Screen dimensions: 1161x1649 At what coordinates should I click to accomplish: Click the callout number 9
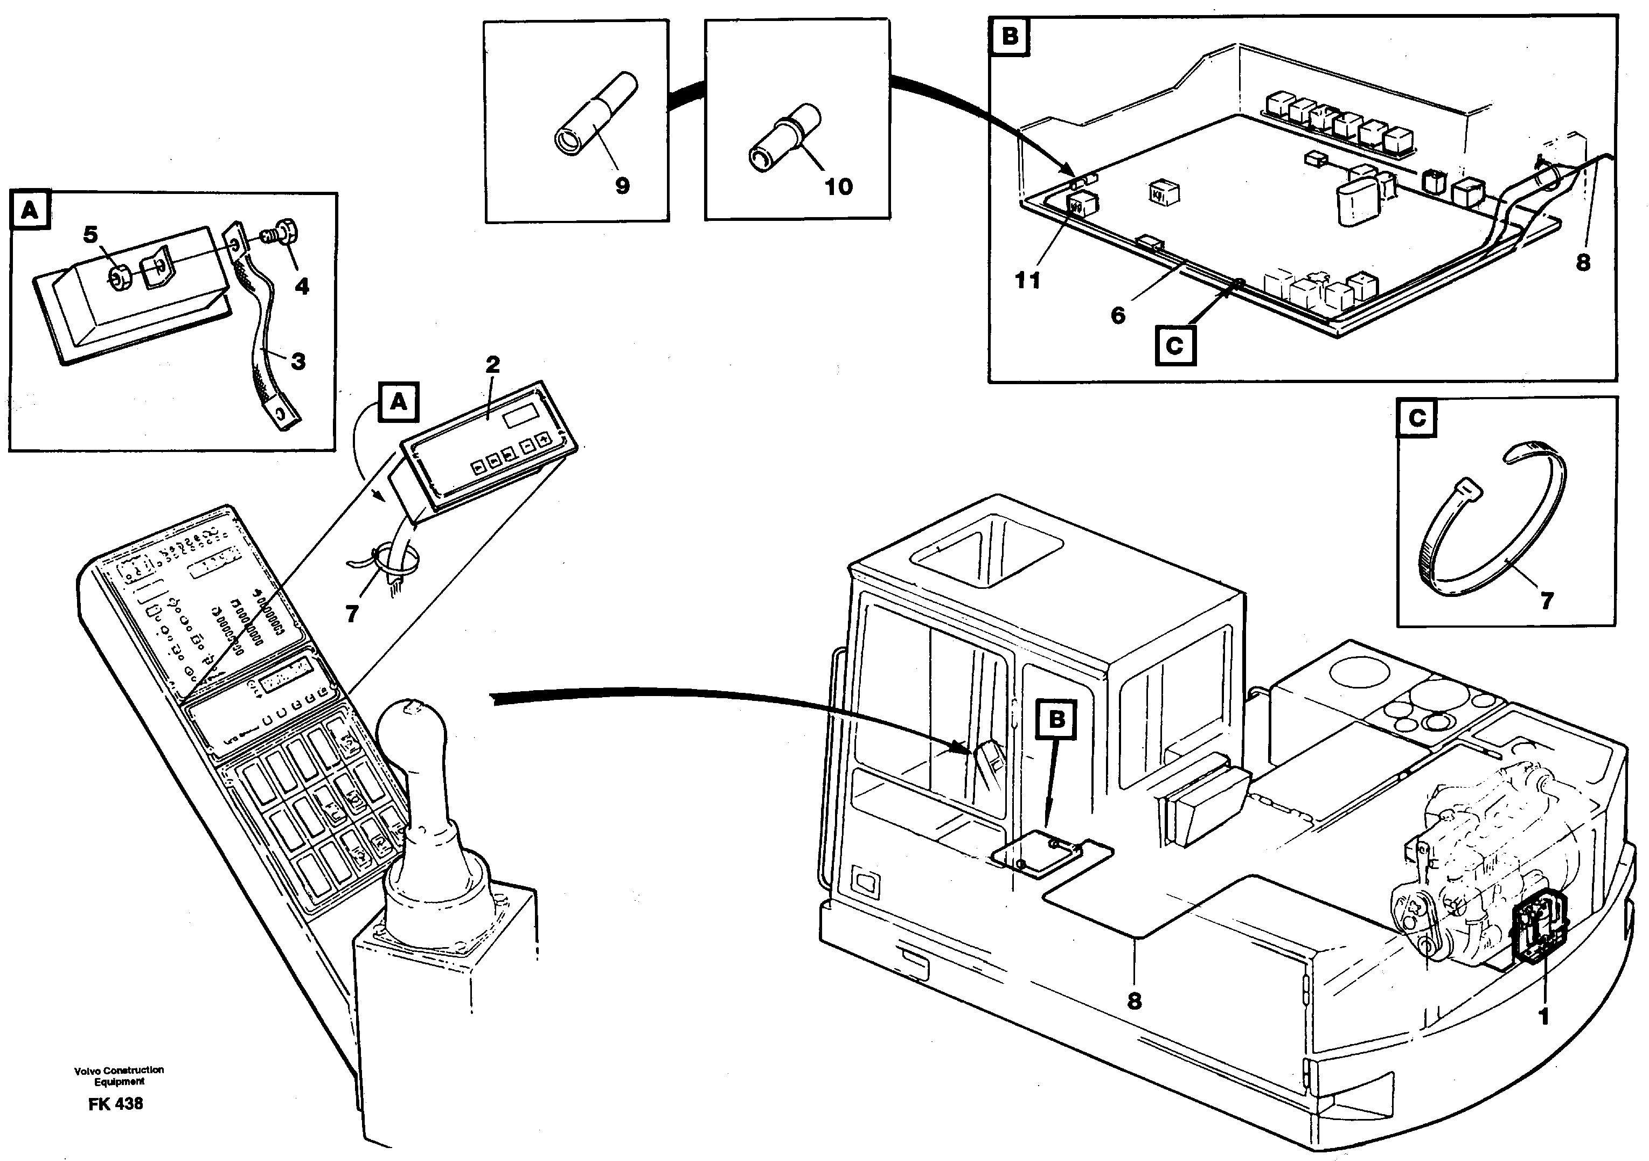622,186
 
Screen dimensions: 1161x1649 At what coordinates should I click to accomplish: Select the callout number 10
838,187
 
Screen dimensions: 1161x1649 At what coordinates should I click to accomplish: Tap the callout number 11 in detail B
1027,280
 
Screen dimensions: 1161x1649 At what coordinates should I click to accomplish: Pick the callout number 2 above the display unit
492,364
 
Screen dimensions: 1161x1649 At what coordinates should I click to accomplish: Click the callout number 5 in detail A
91,234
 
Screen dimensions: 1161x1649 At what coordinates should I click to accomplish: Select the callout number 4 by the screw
302,286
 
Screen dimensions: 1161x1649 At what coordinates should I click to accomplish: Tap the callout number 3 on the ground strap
298,360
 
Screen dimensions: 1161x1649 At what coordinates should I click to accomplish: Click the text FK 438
116,1103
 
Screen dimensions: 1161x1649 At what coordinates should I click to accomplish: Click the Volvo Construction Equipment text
119,1075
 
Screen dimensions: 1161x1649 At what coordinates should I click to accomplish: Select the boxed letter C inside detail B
1174,346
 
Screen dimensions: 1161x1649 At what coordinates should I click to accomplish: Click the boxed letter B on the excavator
1056,719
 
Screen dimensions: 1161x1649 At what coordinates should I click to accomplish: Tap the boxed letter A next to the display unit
399,403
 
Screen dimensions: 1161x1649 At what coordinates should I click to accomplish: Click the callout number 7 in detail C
1546,600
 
